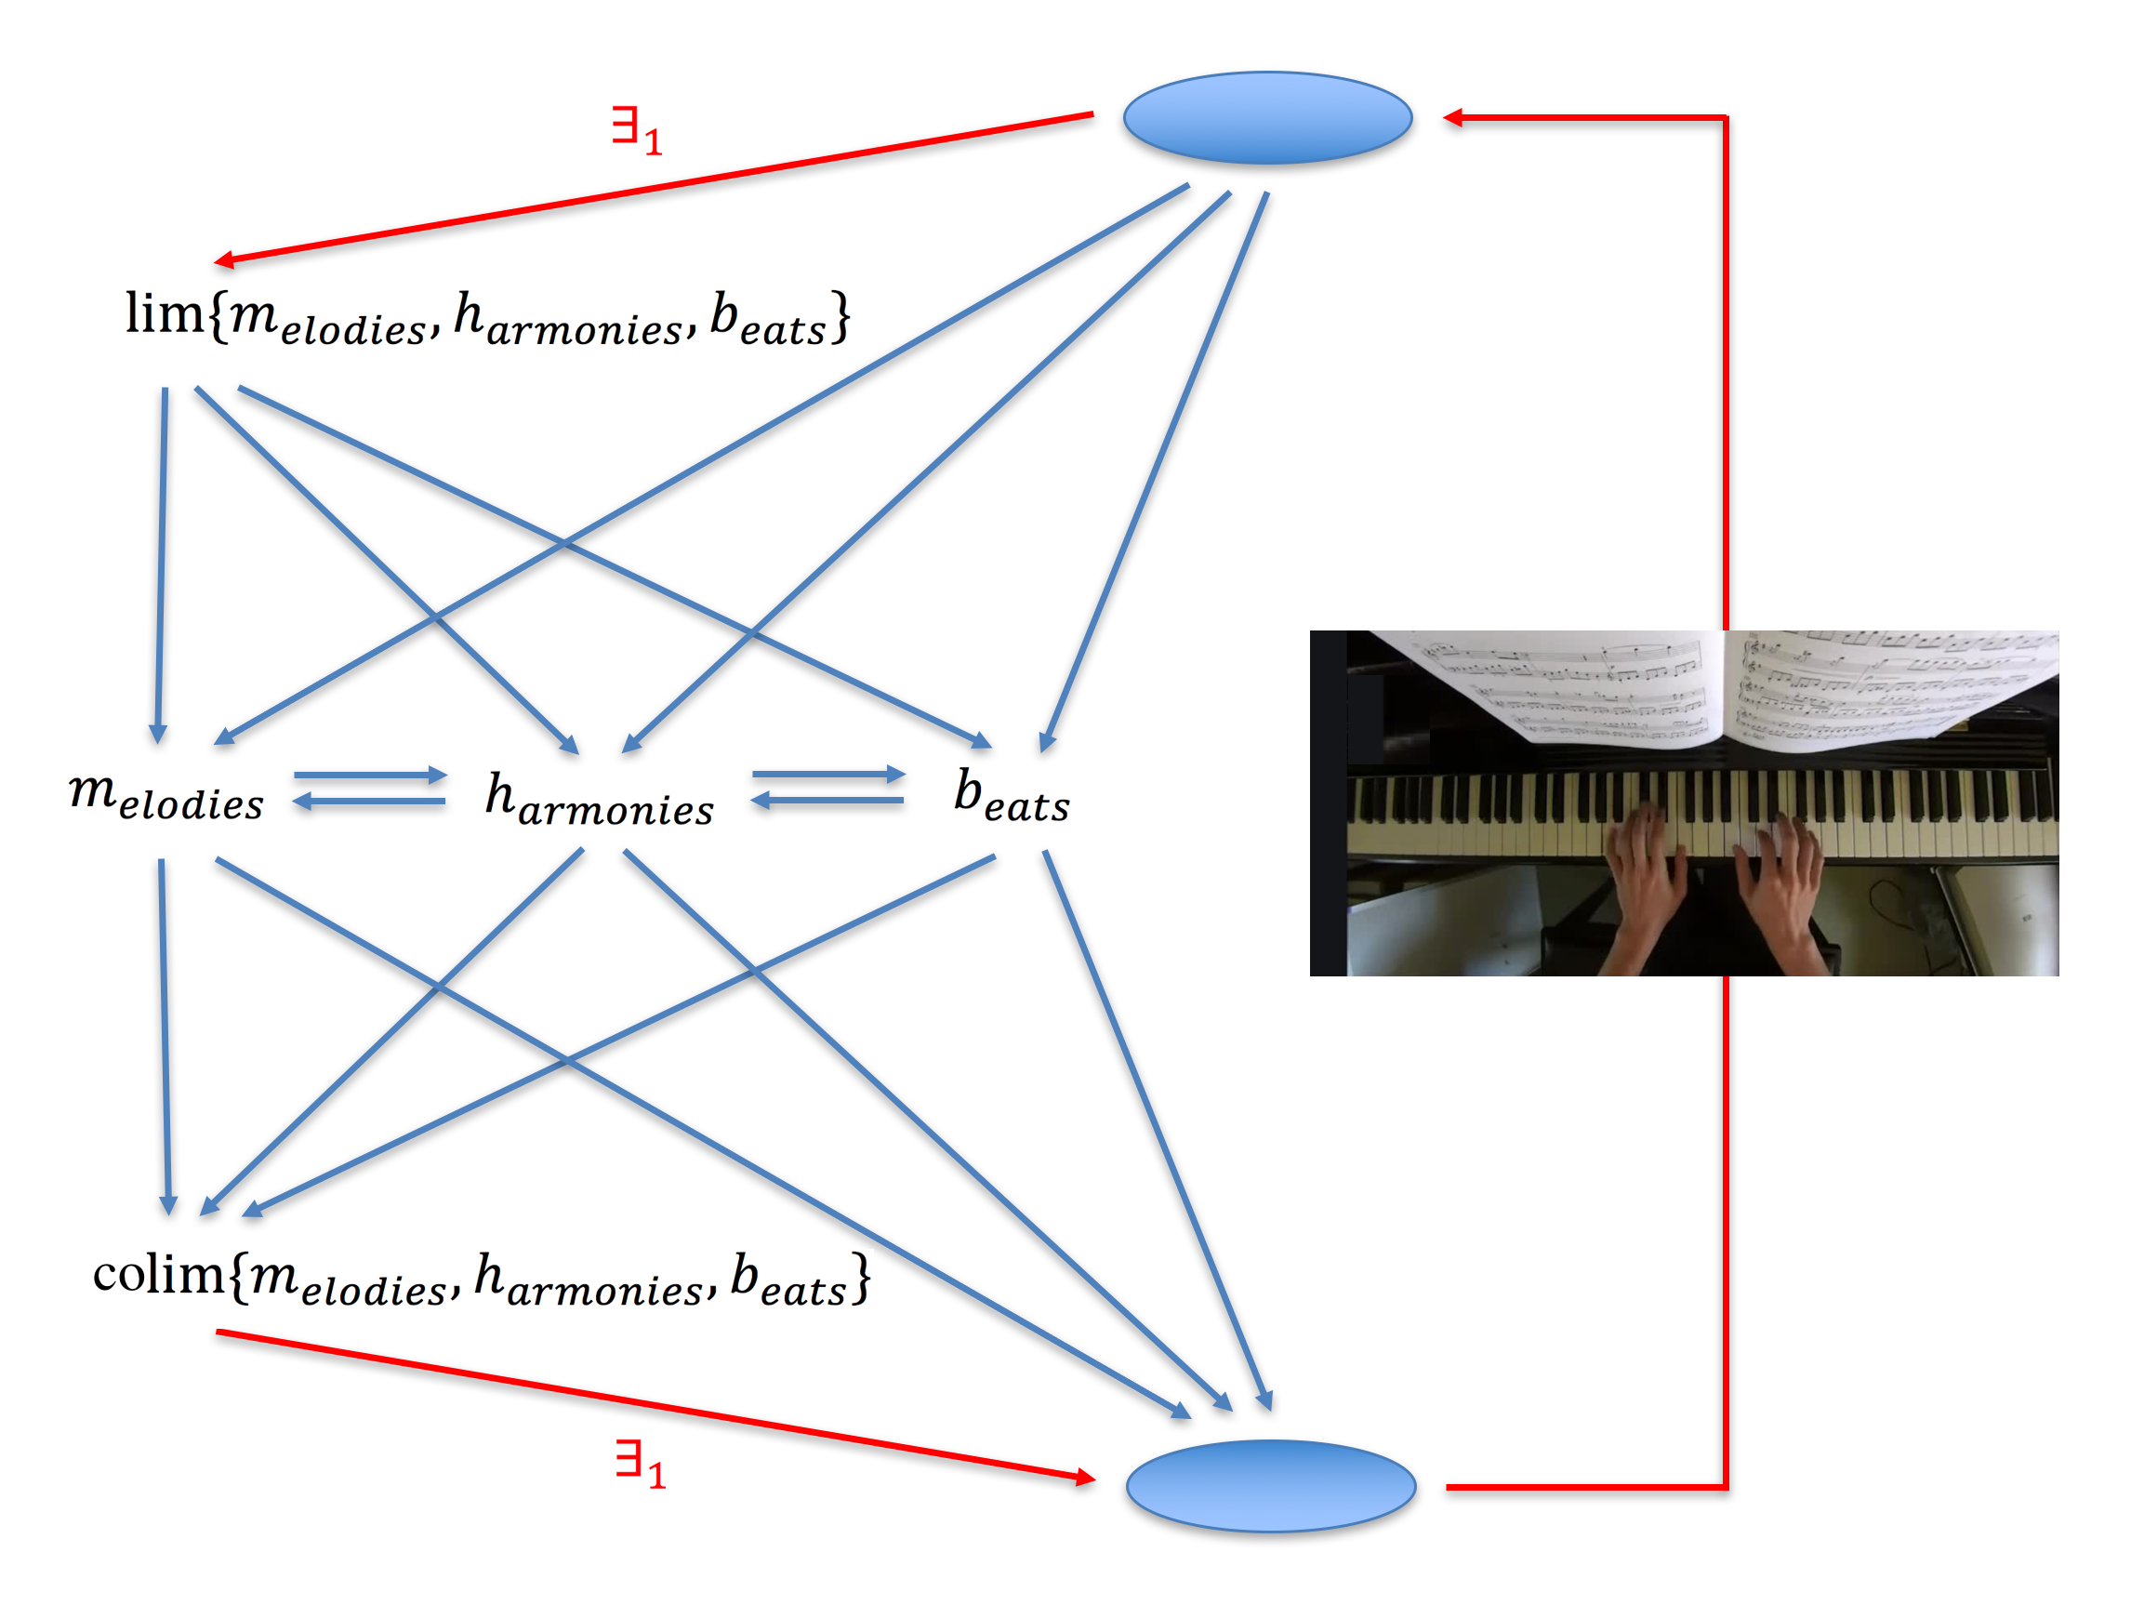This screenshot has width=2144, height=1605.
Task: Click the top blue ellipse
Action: pos(1267,117)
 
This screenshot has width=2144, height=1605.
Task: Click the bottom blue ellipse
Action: pos(1271,1485)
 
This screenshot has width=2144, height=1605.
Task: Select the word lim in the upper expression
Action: pos(164,314)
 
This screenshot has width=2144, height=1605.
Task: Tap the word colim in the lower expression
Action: pos(159,1274)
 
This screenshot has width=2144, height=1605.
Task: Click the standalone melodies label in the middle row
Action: pos(165,797)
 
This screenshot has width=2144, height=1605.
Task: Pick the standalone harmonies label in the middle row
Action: pos(599,800)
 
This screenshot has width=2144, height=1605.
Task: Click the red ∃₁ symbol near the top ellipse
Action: pos(637,131)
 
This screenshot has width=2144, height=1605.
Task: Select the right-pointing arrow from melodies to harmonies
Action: pos(369,776)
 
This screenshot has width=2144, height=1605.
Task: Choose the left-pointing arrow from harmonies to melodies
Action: pos(369,802)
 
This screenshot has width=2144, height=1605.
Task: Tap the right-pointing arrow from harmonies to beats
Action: pos(827,775)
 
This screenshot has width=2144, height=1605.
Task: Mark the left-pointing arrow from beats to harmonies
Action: pos(827,801)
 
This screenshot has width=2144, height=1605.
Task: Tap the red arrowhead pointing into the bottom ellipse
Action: pos(1085,1478)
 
